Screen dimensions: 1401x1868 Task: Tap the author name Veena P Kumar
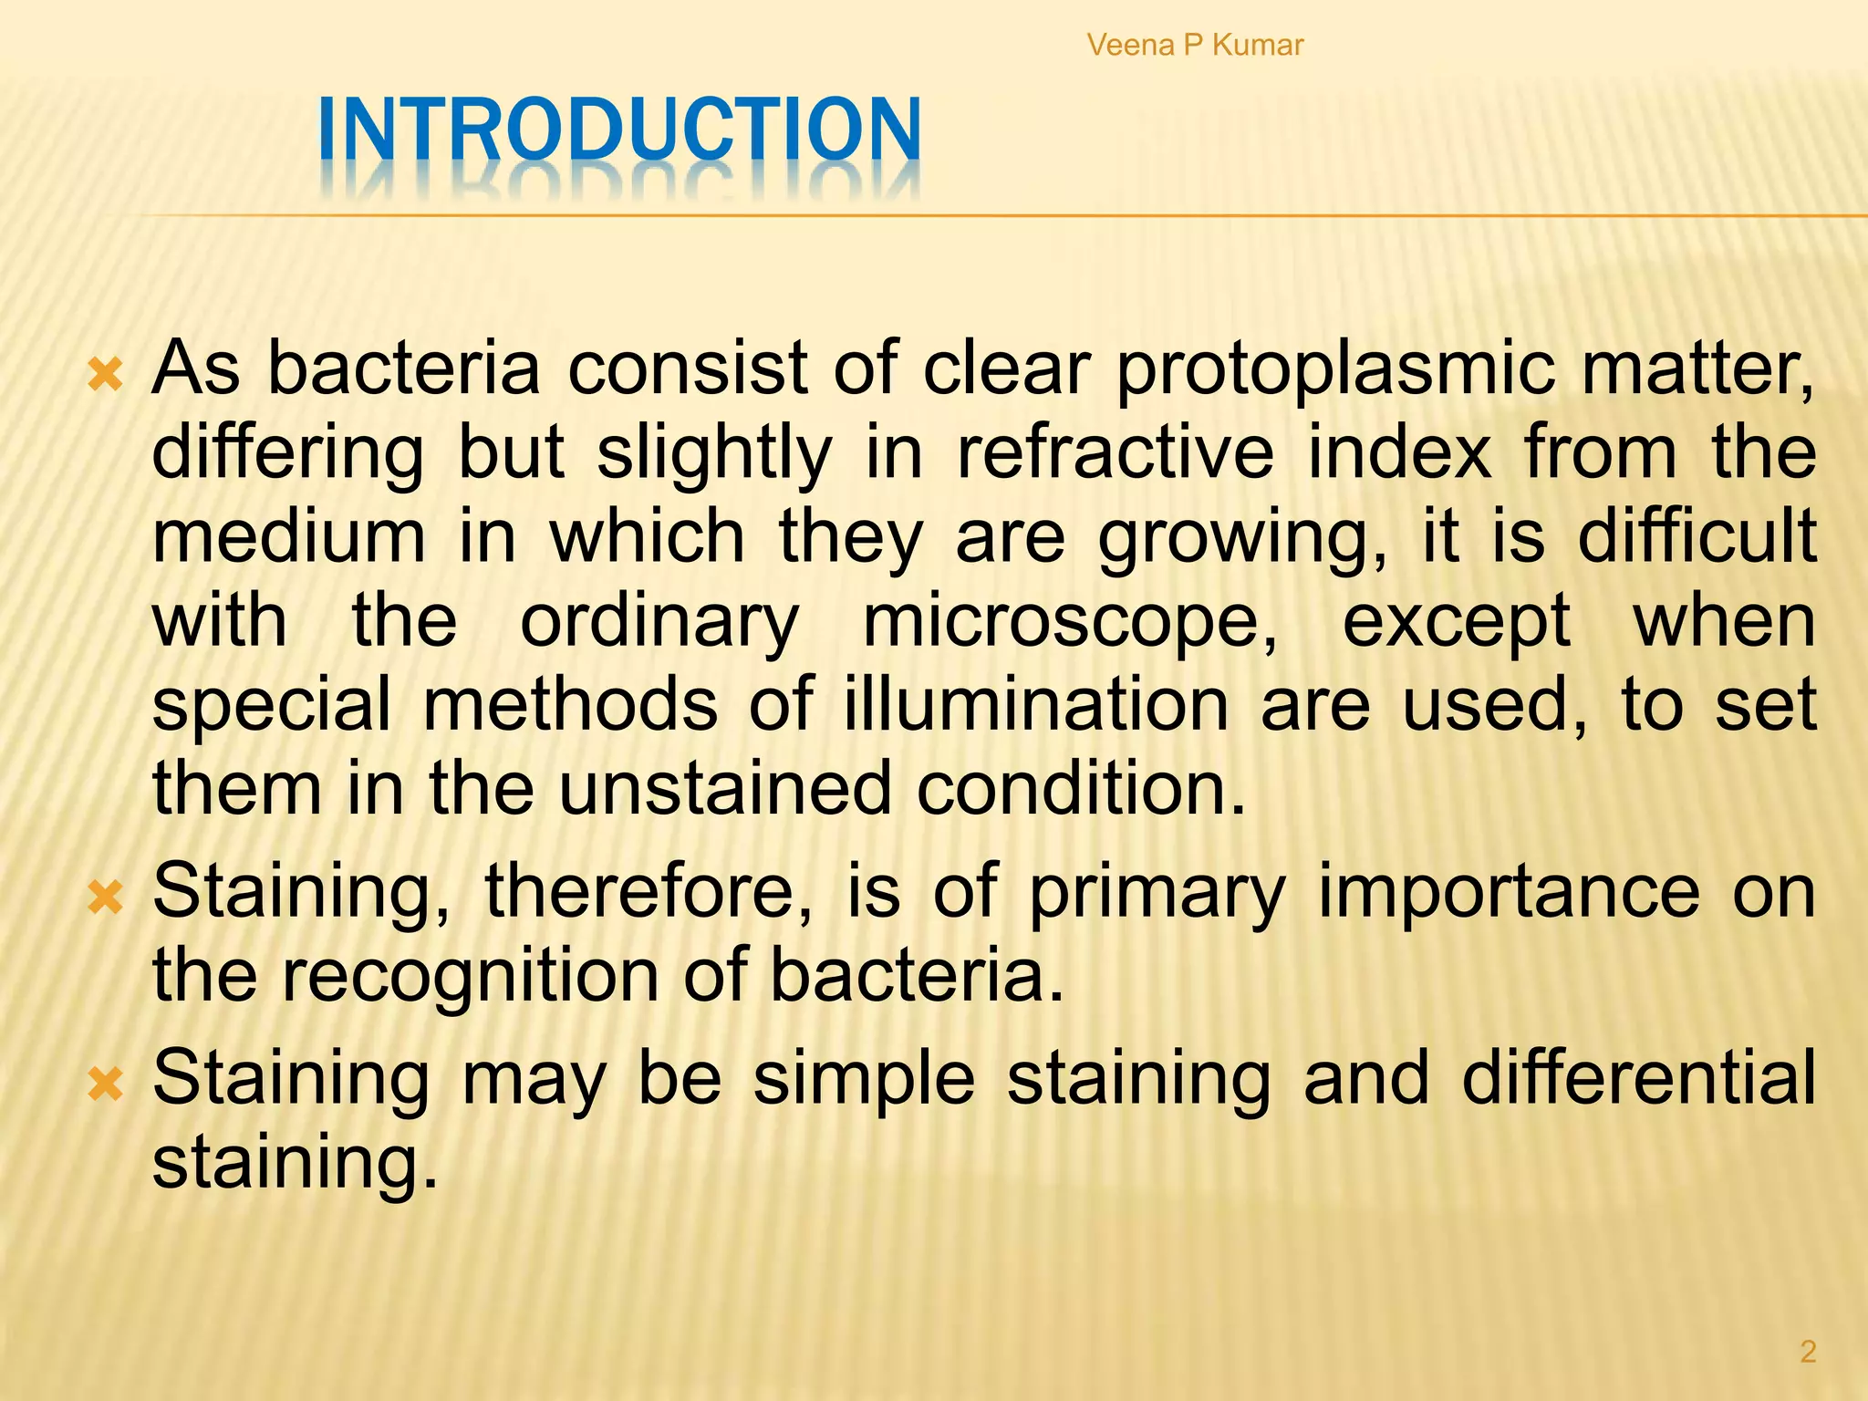click(1195, 45)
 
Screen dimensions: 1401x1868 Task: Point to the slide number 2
click(1807, 1351)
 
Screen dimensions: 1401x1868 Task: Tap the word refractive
click(1115, 452)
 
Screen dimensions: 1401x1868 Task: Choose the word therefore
click(649, 891)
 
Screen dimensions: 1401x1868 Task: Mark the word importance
click(1509, 891)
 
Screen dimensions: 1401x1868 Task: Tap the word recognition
click(470, 975)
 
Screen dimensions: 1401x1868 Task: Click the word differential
click(1638, 1078)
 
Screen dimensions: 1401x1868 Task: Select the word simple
click(864, 1078)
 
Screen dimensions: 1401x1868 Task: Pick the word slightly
click(714, 452)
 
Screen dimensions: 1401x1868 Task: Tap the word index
click(1399, 452)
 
